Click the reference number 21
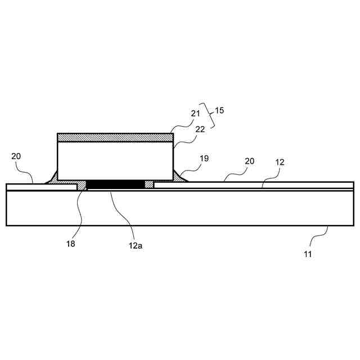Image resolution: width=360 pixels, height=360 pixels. point(195,114)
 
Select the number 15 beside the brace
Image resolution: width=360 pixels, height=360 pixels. point(219,111)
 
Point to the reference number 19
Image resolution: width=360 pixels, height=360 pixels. point(204,159)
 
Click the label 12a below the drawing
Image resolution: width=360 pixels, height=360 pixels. point(135,245)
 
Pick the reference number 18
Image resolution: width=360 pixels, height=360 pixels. point(71,244)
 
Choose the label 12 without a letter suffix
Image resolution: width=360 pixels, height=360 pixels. point(280,162)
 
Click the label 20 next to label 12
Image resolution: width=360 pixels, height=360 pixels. point(249,161)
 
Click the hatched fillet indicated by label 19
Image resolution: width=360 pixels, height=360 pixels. point(182,176)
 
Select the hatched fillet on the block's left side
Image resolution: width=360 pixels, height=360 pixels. point(52,177)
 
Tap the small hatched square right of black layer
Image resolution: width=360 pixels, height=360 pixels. point(149,184)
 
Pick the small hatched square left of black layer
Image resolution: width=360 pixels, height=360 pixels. point(82,185)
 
